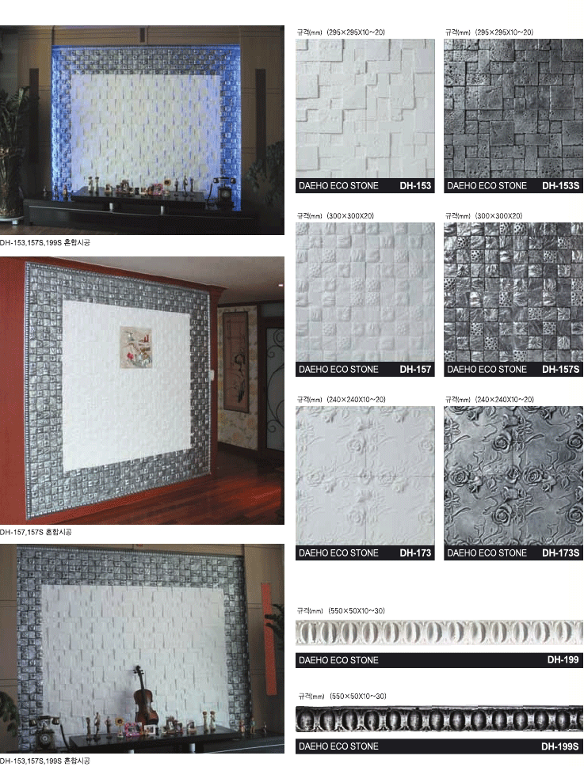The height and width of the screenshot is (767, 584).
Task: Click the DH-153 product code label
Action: tap(415, 185)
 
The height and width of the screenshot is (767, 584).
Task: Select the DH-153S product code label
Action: tap(560, 185)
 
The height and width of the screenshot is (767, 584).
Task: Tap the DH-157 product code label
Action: tap(415, 370)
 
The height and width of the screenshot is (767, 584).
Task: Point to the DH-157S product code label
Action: tap(560, 370)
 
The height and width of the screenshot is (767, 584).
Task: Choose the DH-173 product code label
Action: tap(415, 552)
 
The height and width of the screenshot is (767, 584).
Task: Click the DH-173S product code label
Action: tap(560, 552)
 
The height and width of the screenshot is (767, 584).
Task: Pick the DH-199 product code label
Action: tap(563, 660)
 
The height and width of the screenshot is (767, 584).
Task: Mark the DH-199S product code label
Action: tap(560, 746)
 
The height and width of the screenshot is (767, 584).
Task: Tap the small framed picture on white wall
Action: tap(136, 347)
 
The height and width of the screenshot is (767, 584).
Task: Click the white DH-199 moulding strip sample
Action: tap(439, 633)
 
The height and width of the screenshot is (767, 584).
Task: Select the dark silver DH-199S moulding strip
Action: tap(439, 719)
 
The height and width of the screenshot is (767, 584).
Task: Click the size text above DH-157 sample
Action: tap(335, 216)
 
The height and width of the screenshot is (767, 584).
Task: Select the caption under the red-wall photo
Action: tap(36, 532)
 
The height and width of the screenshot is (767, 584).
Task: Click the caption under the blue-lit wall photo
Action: tap(45, 243)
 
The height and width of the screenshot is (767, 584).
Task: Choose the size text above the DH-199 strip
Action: tap(342, 610)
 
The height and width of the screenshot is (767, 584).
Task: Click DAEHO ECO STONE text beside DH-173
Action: tap(338, 552)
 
